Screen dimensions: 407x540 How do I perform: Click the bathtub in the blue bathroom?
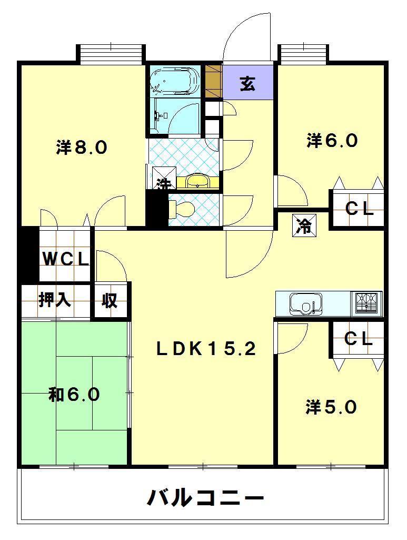point(175,81)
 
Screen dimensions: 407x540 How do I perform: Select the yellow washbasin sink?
point(198,181)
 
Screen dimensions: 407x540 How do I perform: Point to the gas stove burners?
point(367,303)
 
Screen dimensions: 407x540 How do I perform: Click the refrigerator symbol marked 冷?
point(304,226)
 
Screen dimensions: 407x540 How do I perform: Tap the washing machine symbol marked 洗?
point(164,179)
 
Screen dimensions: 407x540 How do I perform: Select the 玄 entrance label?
point(247,83)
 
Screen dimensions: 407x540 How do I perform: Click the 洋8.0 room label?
point(82,148)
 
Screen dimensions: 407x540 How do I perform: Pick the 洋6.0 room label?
point(332,141)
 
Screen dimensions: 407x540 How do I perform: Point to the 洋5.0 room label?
point(331,407)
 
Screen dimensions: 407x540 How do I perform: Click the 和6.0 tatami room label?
point(74,394)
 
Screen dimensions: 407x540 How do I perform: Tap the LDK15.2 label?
point(206,350)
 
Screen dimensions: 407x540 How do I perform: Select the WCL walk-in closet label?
point(65,259)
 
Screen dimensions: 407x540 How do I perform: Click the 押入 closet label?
point(55,300)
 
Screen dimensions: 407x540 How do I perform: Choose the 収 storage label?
point(110,300)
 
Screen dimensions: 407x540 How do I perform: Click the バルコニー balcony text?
point(205,497)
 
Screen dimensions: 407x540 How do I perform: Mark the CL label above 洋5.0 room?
point(359,339)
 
